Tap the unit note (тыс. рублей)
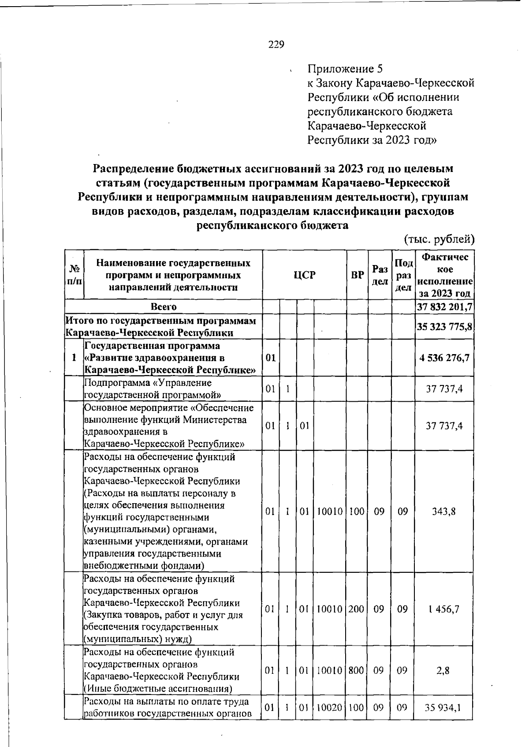(439, 239)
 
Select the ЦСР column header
(305, 275)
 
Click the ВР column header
(357, 275)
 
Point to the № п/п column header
(74, 275)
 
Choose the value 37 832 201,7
(444, 306)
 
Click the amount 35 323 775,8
(444, 327)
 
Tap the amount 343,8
(444, 511)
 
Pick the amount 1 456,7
(444, 609)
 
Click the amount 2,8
(444, 670)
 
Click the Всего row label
(163, 306)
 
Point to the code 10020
(330, 708)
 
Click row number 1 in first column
(74, 358)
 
